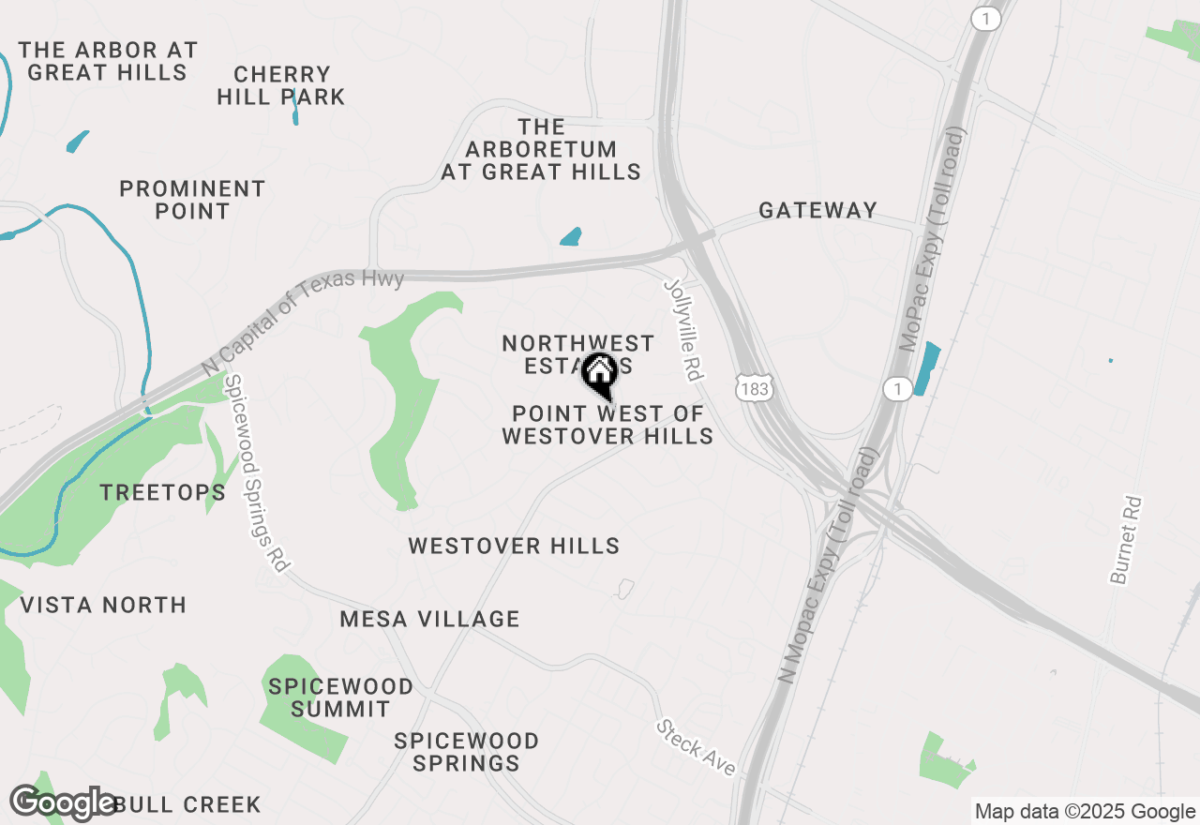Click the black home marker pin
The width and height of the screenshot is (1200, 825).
(x=599, y=375)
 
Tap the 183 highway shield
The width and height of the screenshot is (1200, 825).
(x=755, y=387)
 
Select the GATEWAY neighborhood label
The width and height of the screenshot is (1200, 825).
(x=817, y=210)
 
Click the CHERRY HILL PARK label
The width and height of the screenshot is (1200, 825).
(x=281, y=85)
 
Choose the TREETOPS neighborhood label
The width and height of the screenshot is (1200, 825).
(x=163, y=492)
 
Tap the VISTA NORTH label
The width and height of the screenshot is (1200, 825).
(x=103, y=605)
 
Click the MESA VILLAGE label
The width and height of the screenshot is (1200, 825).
(x=429, y=619)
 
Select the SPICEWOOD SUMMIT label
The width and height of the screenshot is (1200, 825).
(x=340, y=697)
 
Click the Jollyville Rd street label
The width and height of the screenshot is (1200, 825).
(x=683, y=329)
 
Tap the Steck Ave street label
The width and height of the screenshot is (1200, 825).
(x=697, y=747)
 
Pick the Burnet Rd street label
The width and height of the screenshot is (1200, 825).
(x=1128, y=540)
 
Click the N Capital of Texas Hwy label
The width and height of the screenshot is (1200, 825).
(x=303, y=322)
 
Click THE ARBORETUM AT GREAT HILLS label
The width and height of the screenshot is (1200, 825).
(x=541, y=149)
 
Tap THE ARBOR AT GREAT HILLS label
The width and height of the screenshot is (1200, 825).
(x=108, y=61)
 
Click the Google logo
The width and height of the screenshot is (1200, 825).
(x=63, y=803)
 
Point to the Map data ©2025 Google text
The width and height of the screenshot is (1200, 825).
(x=1085, y=812)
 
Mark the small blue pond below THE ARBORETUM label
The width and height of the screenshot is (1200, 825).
(x=570, y=236)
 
